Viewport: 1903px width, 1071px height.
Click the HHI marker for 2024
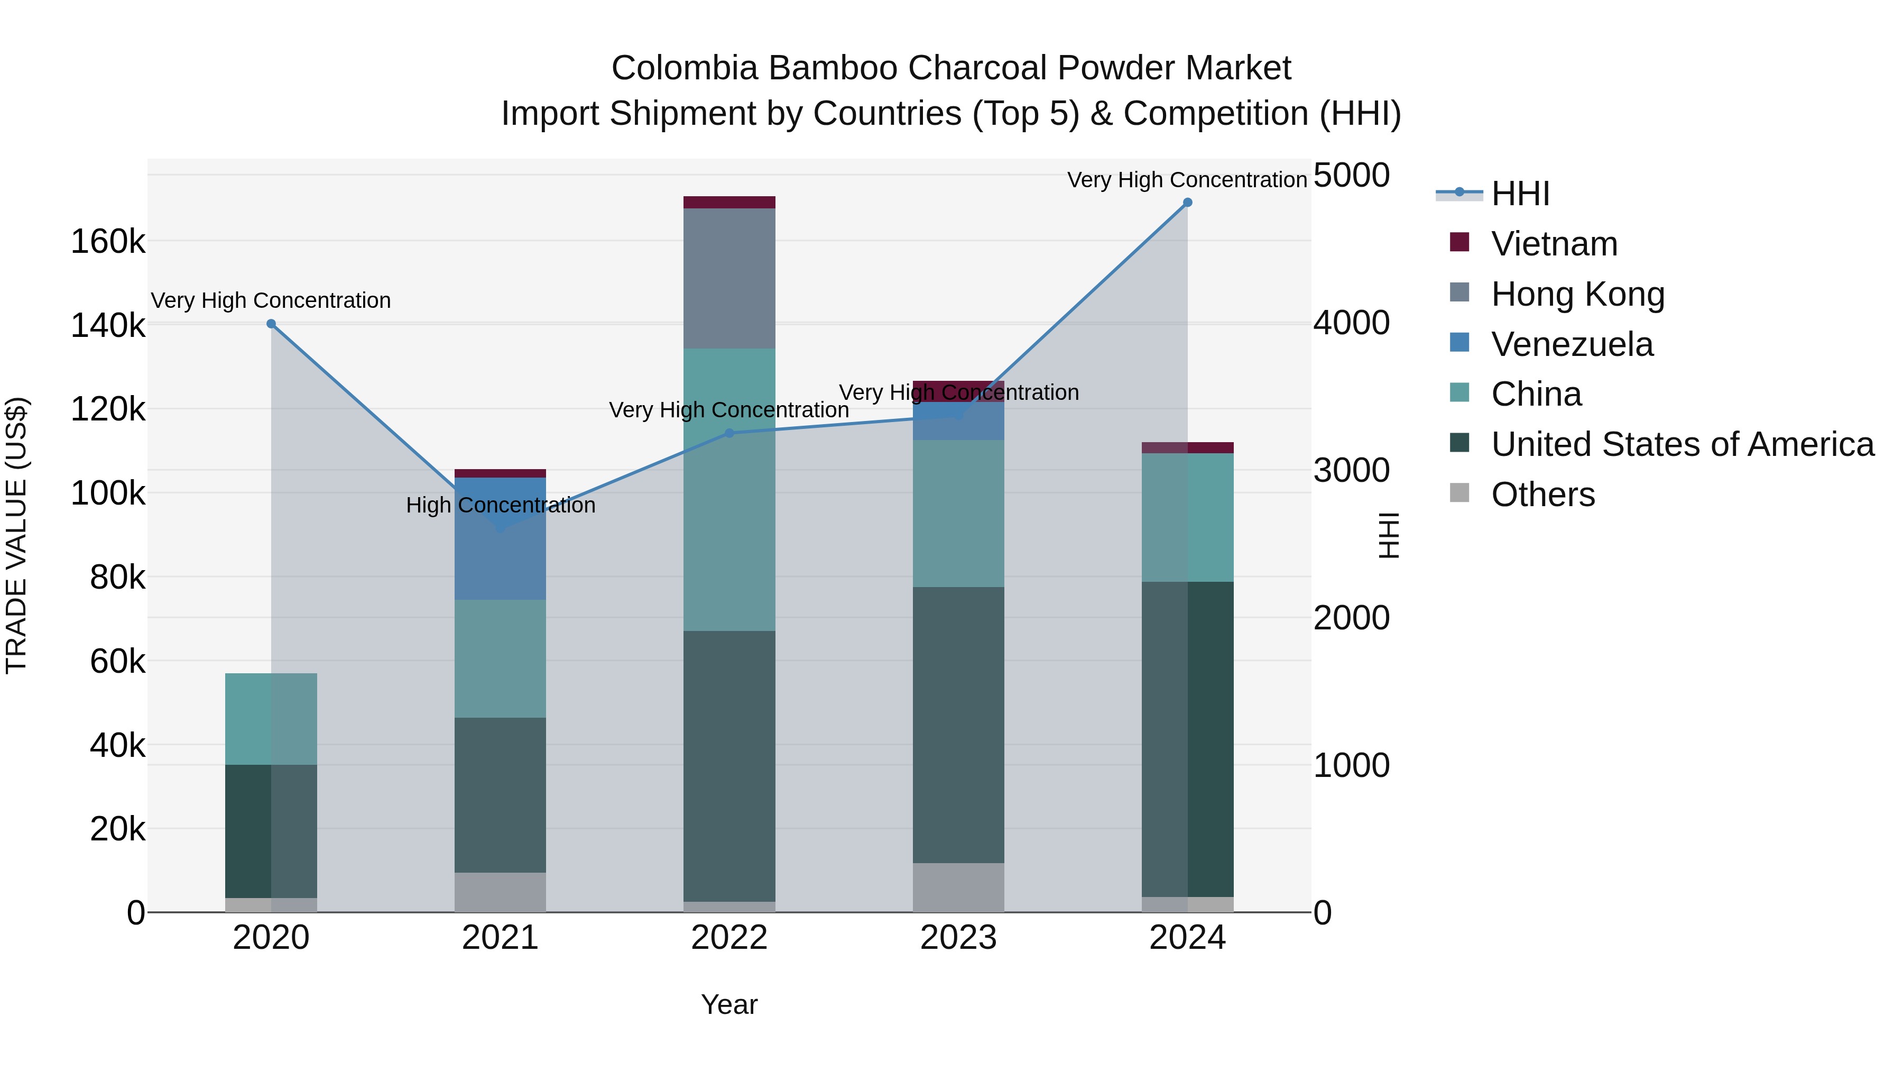1187,203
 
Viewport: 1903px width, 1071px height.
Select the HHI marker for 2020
271,324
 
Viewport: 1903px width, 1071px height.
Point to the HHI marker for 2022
729,433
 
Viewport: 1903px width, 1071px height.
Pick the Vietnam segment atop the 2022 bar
729,203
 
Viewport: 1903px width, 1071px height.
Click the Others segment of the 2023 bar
958,887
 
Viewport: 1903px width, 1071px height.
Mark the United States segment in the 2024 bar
1187,739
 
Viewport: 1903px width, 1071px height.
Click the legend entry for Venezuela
1572,344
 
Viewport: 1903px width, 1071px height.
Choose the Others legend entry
1542,495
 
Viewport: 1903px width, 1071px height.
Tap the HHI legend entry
1520,194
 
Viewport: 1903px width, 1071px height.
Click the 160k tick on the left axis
108,242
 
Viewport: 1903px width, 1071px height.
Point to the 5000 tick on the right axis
1351,176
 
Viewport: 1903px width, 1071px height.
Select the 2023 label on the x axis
958,938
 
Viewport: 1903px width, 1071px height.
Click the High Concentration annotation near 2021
500,506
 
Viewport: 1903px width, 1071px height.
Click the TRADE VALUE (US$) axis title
16,535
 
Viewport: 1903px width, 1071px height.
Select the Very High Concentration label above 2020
271,301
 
